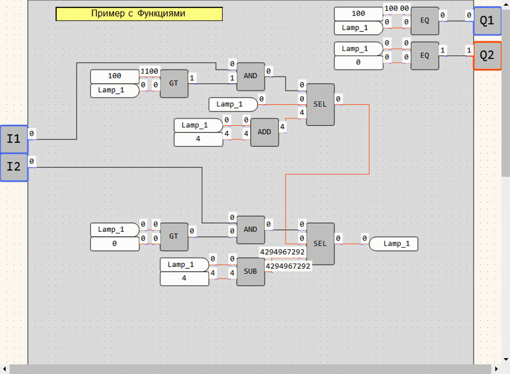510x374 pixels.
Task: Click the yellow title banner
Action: (x=139, y=14)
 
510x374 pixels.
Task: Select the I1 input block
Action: (x=14, y=139)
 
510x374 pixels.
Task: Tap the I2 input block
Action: (x=14, y=167)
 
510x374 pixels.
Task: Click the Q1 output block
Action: (x=487, y=21)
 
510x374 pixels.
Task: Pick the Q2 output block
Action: (x=487, y=56)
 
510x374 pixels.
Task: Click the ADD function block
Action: (x=264, y=132)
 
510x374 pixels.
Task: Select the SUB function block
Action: (x=251, y=272)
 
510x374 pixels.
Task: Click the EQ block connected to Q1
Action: (x=425, y=21)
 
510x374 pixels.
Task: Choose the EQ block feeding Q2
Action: (x=425, y=56)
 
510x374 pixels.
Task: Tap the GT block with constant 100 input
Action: (x=174, y=84)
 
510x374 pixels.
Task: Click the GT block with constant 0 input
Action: (x=174, y=237)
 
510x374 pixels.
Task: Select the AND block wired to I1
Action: (x=251, y=76)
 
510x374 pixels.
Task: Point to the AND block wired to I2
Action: (x=251, y=230)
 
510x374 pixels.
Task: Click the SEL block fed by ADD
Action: (x=320, y=104)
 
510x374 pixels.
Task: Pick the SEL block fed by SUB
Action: (x=320, y=244)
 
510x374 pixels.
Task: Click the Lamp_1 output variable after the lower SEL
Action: (x=394, y=244)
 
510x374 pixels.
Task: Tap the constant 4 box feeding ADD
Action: (x=198, y=139)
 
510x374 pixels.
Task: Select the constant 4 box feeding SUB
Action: (x=184, y=278)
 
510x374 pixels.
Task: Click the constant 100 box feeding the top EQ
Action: (x=359, y=14)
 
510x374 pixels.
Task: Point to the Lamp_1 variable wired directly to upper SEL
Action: (x=233, y=104)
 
